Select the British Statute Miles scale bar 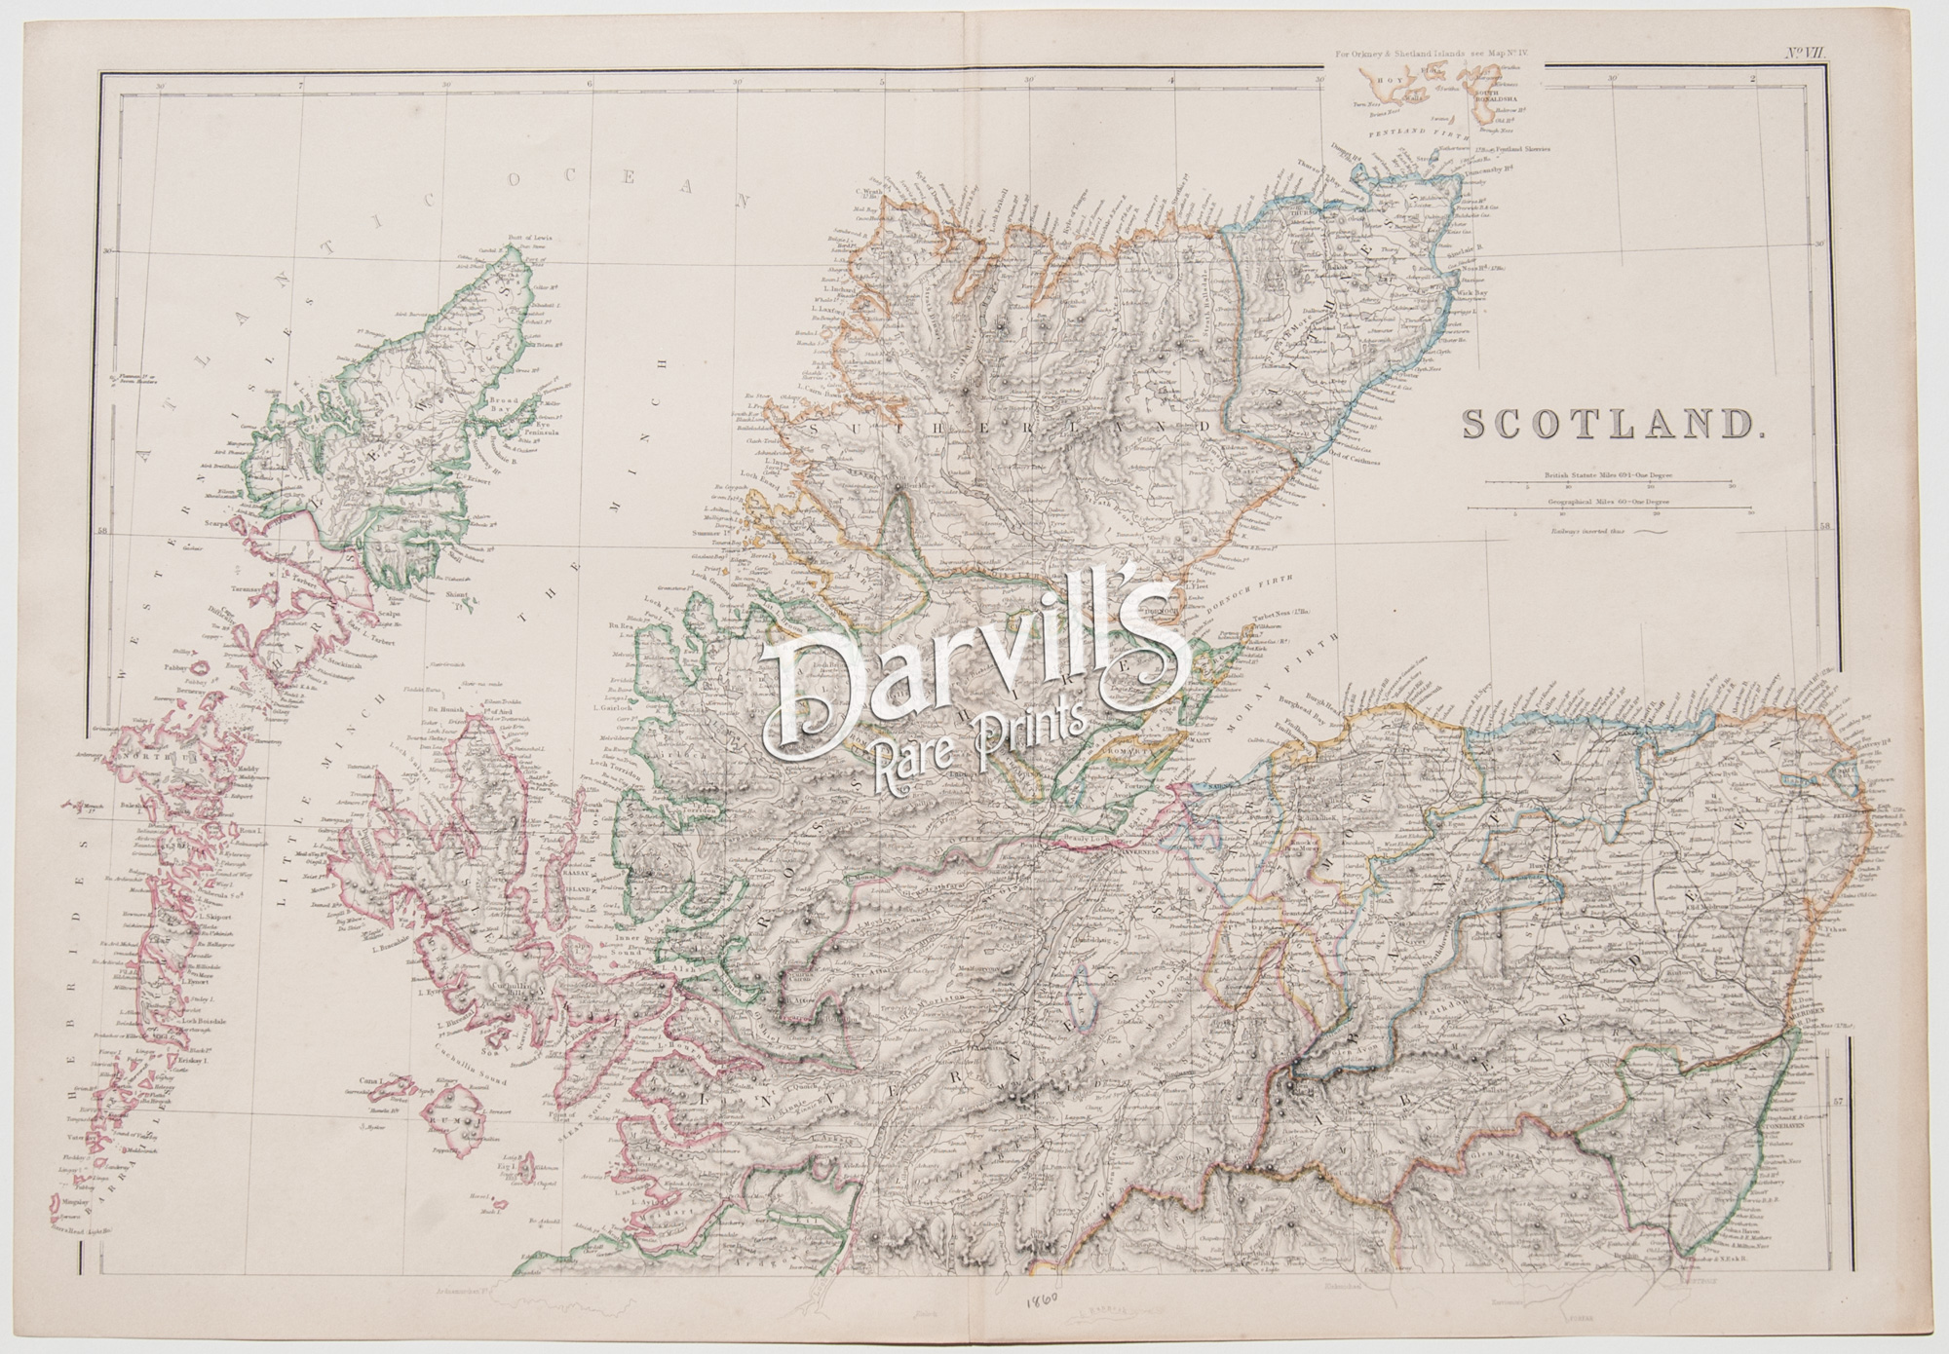pos(1618,483)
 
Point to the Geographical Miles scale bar pos(1618,508)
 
